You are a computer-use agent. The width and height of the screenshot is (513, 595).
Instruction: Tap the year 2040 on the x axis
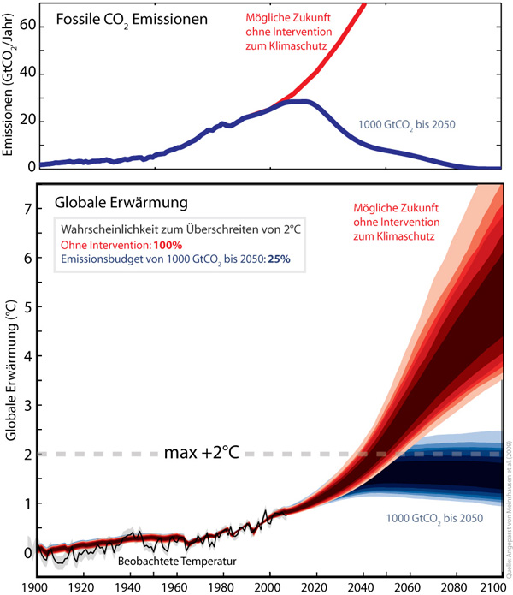tap(361, 587)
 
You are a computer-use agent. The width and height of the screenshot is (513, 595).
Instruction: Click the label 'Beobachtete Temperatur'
tap(176, 561)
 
